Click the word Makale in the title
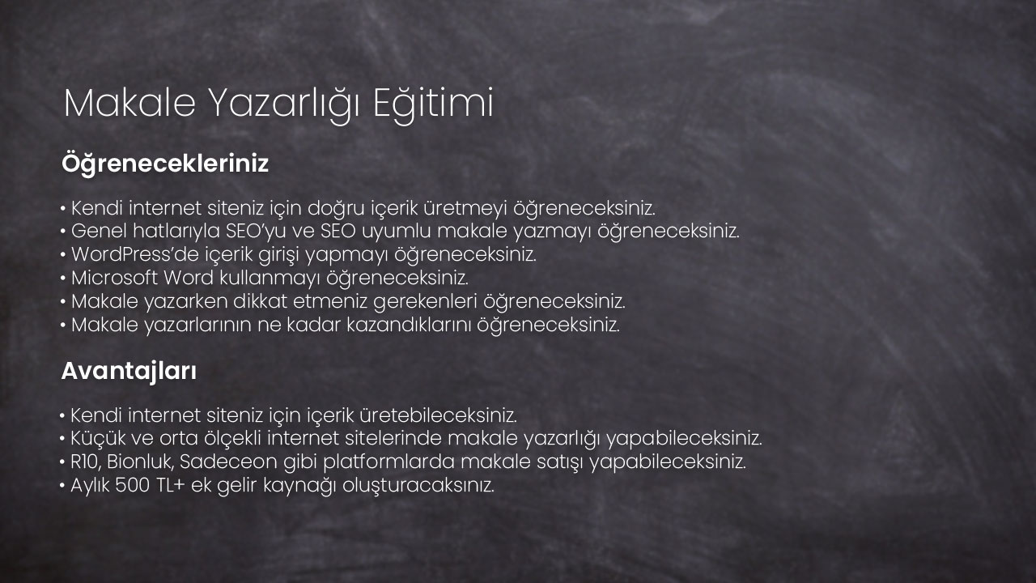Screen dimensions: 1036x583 coord(130,103)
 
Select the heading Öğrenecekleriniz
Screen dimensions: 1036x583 coord(165,164)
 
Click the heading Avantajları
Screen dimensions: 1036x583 coord(129,372)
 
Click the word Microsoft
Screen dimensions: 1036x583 coord(114,278)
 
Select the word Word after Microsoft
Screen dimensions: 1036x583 coord(189,278)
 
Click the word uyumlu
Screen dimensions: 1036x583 coord(397,232)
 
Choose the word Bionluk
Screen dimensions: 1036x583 coord(140,462)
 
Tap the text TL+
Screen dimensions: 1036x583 coord(171,485)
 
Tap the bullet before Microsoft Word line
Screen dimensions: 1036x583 coord(63,279)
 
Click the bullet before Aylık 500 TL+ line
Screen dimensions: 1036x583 coord(62,487)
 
